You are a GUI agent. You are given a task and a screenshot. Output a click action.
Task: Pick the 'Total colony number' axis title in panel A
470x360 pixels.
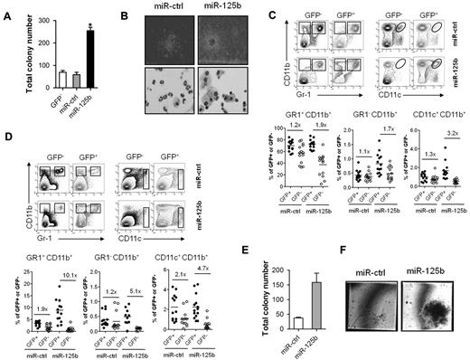(x=14, y=50)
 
